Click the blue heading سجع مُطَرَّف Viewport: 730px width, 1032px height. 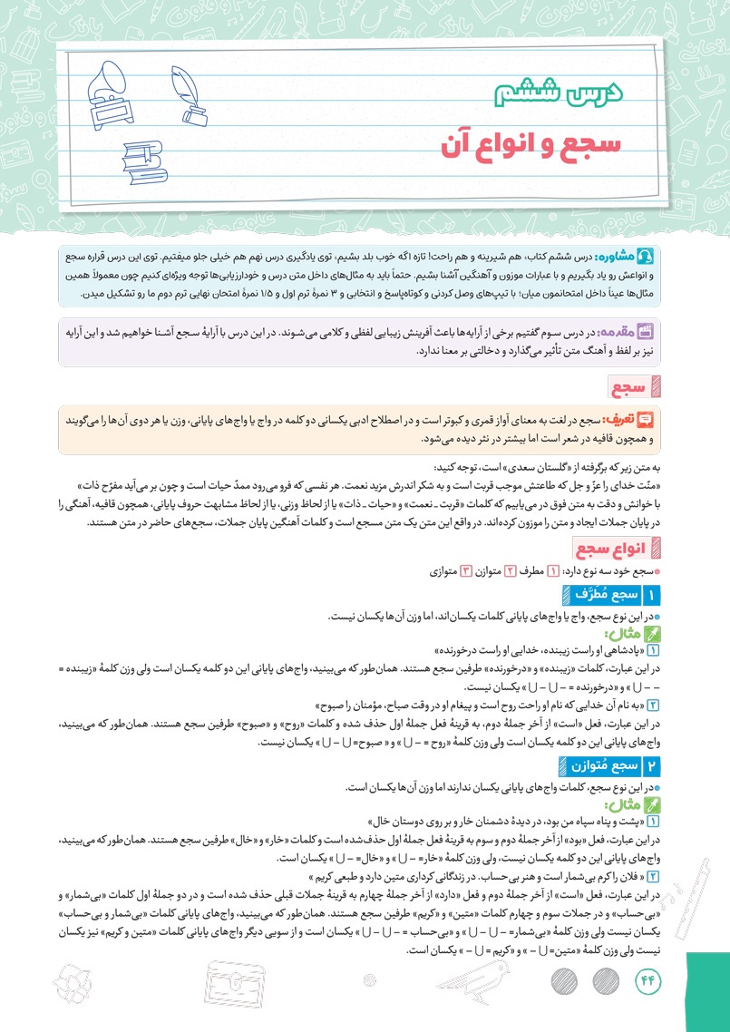595,595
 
